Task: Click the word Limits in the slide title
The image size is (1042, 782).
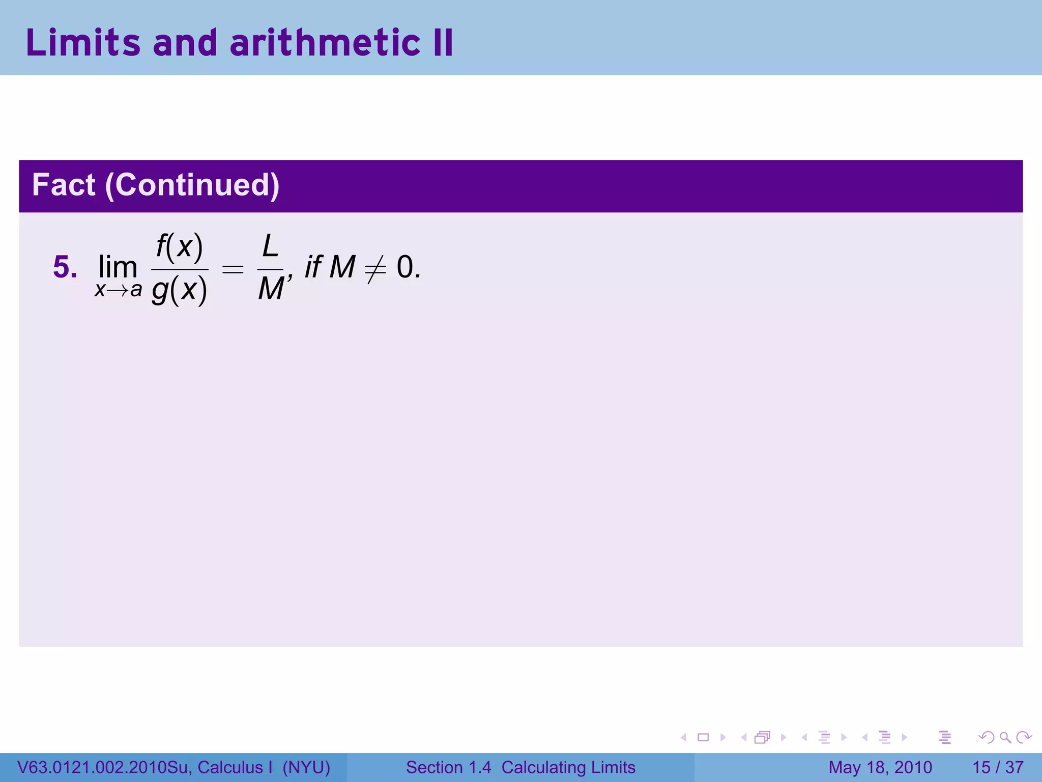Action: point(83,42)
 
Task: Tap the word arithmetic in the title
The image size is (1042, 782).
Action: point(325,42)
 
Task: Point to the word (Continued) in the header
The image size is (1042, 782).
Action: point(192,185)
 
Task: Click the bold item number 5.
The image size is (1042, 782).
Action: point(65,267)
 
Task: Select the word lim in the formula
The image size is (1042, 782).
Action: point(118,267)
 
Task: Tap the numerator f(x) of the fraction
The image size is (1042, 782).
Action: point(180,247)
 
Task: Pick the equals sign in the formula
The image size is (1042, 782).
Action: point(233,268)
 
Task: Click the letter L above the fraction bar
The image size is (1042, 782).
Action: point(270,247)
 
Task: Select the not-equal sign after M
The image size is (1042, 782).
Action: point(375,268)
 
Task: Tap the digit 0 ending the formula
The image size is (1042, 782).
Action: point(406,267)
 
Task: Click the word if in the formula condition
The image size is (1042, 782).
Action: point(313,267)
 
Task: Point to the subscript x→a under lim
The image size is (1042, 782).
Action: point(118,290)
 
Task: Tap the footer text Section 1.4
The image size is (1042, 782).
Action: point(448,767)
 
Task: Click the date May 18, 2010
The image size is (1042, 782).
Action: point(880,767)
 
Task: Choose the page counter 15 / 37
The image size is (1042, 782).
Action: point(998,767)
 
